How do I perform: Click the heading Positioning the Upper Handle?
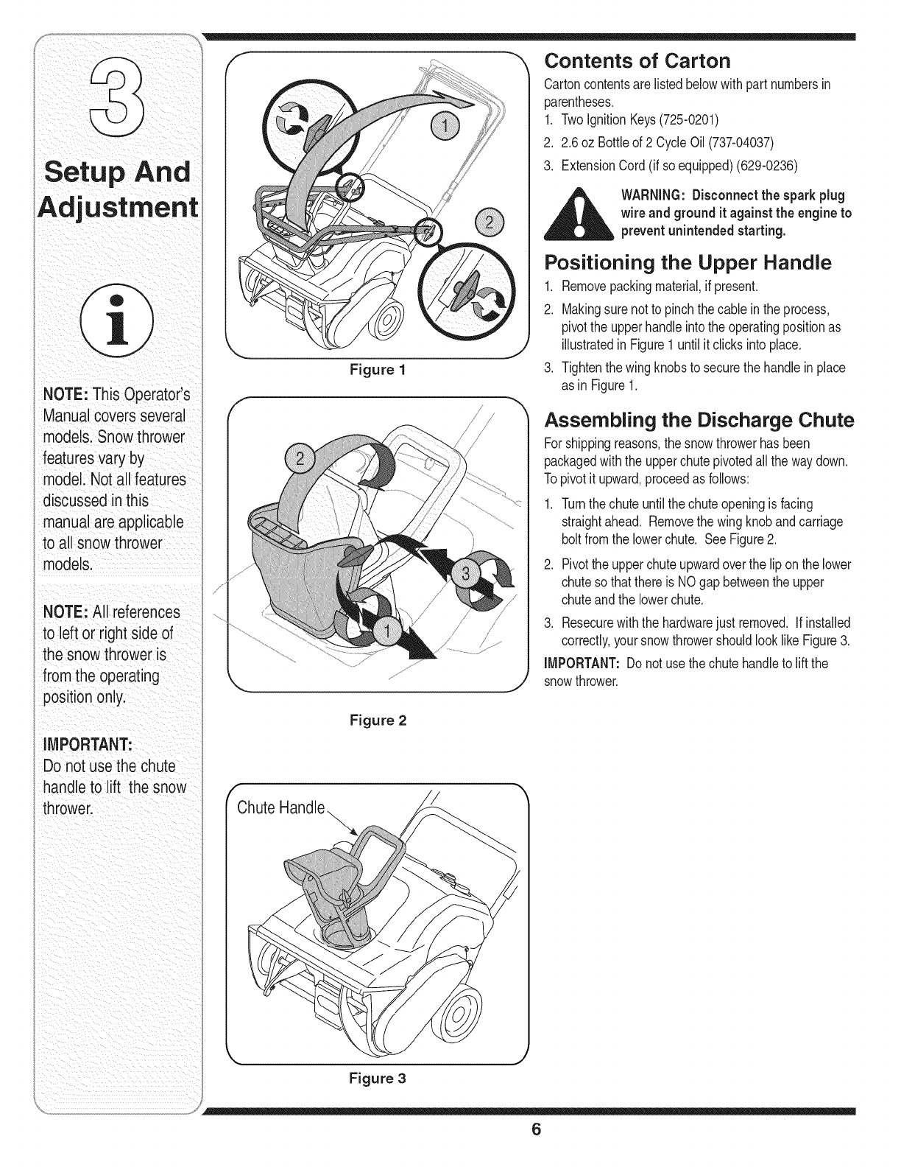[688, 263]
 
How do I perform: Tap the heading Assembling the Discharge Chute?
[699, 421]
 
